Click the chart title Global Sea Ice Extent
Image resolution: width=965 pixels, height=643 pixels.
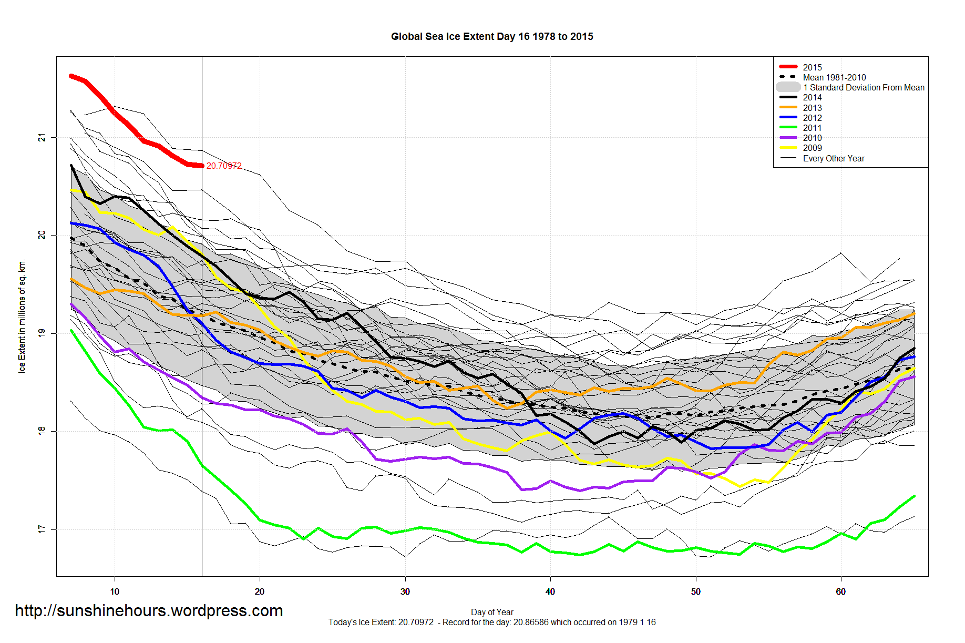[x=491, y=36]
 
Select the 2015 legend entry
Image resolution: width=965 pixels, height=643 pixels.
[x=812, y=67]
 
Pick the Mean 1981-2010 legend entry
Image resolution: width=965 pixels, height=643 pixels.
[x=834, y=77]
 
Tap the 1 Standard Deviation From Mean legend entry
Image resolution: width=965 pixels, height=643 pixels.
[x=863, y=87]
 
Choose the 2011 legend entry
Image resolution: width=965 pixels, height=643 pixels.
[x=812, y=128]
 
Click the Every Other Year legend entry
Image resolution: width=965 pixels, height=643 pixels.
[x=833, y=158]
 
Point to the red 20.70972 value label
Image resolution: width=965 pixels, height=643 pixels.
[x=224, y=166]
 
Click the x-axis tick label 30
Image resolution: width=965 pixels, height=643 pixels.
[x=405, y=591]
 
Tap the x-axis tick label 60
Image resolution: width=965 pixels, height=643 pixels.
[x=840, y=591]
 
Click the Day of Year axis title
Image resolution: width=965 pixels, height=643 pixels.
[x=492, y=612]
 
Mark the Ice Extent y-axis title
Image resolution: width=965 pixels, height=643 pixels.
[x=22, y=315]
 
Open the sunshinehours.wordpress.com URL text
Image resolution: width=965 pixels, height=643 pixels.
[x=149, y=610]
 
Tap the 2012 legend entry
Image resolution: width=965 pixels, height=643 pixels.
[x=812, y=118]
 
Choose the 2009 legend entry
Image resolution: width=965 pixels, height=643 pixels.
[x=812, y=148]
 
